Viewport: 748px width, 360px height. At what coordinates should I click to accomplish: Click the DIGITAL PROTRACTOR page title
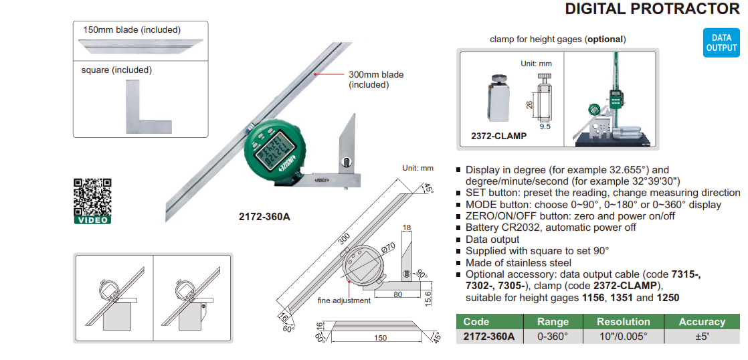652,9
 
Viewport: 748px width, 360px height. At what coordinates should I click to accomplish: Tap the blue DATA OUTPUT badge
721,43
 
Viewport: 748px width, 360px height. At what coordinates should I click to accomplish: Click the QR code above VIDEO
92,196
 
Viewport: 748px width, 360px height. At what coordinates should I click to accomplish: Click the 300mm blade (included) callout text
376,80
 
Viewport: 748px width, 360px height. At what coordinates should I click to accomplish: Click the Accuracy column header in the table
701,322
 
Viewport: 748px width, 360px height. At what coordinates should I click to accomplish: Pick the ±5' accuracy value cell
701,337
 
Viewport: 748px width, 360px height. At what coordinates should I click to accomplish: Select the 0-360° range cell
553,337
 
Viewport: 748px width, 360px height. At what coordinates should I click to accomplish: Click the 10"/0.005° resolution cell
623,337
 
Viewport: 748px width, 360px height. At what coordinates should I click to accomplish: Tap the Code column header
476,322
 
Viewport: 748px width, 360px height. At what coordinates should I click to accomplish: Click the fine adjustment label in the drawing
344,300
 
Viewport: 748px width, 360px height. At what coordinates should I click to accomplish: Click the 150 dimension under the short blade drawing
379,338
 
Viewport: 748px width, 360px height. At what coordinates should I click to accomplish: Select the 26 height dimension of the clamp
529,104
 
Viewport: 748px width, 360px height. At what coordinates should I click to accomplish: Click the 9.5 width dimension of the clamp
545,126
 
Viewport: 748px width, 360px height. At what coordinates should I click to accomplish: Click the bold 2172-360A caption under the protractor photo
264,216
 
